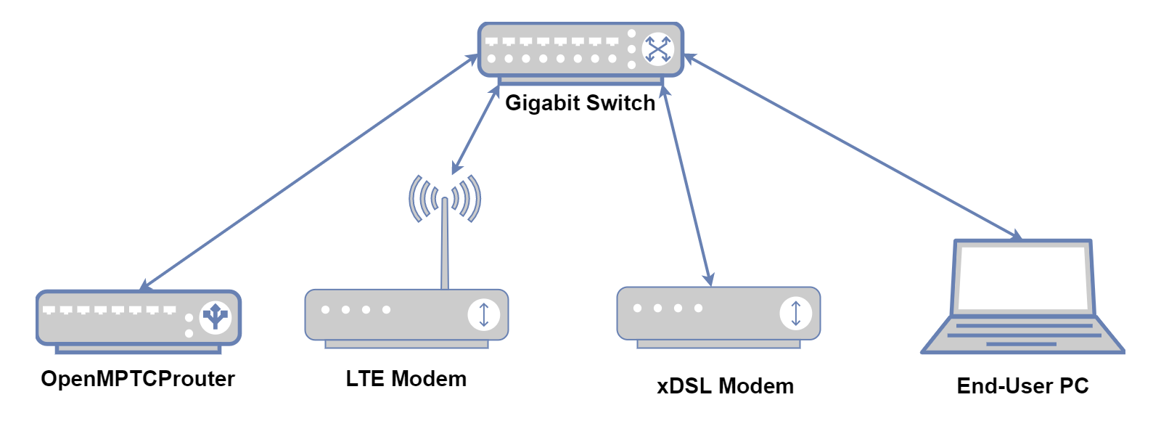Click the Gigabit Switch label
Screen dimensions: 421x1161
(580, 103)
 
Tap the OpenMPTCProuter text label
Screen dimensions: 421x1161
(138, 379)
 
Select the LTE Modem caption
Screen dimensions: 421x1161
(406, 379)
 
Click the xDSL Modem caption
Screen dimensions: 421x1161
(725, 386)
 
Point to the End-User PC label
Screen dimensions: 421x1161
(1022, 386)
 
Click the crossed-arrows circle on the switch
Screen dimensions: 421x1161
(657, 49)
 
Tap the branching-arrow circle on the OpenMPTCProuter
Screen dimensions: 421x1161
(215, 317)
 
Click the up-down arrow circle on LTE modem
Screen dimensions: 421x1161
(484, 314)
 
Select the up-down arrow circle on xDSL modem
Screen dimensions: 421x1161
(795, 313)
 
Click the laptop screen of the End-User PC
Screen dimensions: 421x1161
(1023, 277)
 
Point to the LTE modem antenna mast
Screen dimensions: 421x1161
(445, 247)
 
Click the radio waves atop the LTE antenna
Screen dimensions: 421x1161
(445, 196)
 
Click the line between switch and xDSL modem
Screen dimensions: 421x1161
(686, 185)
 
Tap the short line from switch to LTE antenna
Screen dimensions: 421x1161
(476, 129)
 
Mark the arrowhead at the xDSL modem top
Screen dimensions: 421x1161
(710, 279)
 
